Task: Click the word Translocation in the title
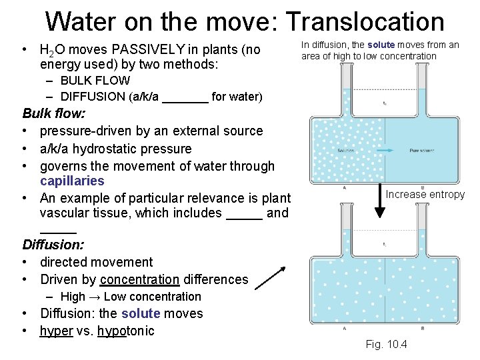coord(365,21)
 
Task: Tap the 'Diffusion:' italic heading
coord(53,245)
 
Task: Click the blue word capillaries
coord(72,181)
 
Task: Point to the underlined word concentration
coord(139,279)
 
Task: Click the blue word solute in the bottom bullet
coord(141,313)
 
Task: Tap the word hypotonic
coord(125,331)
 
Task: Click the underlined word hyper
coord(56,331)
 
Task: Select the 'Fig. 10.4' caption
coord(387,344)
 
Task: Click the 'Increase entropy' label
coord(425,194)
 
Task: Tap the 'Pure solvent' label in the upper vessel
coord(421,151)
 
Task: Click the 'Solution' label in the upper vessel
coord(345,151)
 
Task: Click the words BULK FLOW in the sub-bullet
coord(95,80)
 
